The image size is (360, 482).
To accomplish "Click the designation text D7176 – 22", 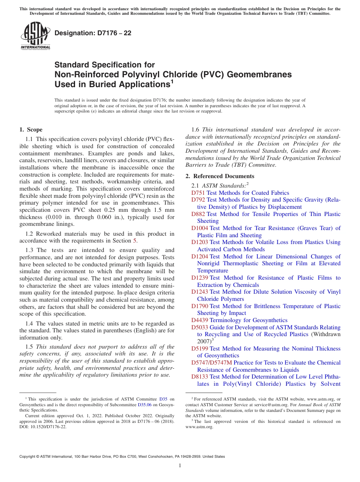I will (x=93, y=33).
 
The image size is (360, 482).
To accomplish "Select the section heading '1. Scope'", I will (x=31, y=130).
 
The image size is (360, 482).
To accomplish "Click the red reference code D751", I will (x=198, y=193).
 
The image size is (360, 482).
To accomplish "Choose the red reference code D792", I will (x=198, y=200).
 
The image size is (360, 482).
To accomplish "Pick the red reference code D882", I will (x=198, y=214).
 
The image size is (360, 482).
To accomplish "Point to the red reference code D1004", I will (x=200, y=228).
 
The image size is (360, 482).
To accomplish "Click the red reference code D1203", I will (x=200, y=242).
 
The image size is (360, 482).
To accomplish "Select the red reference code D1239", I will (x=200, y=278).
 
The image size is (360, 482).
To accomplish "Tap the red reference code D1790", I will (x=200, y=306).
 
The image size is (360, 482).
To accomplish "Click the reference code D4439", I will (x=200, y=320).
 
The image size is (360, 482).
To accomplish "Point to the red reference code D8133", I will (x=200, y=377).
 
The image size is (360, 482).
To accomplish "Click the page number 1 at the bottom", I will (x=180, y=466).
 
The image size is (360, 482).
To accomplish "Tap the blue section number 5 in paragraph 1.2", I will (x=135, y=241).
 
